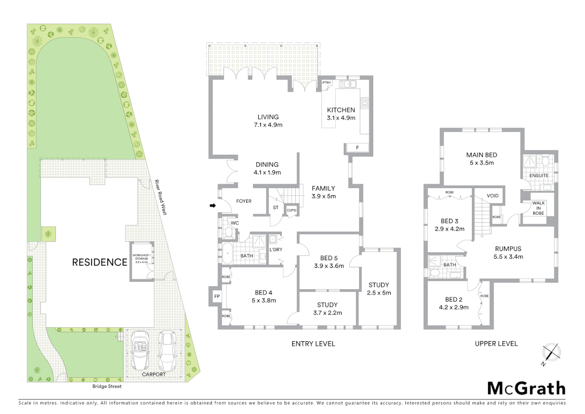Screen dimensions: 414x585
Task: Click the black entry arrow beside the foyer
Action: tap(213, 206)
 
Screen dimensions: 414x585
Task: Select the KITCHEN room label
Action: tap(341, 110)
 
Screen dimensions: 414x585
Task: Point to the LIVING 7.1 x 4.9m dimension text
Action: tap(268, 125)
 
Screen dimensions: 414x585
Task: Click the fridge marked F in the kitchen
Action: tap(357, 148)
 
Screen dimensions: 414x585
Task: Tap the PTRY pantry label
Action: tap(327, 83)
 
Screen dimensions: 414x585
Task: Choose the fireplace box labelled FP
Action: tap(217, 296)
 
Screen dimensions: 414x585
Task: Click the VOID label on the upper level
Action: tap(493, 195)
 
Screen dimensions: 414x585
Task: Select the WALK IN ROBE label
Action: tap(538, 208)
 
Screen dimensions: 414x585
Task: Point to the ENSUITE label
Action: tap(539, 176)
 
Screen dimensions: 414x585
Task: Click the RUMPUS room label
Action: tap(508, 249)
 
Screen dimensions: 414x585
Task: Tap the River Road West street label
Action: tap(161, 197)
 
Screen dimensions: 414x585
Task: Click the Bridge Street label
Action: tap(107, 386)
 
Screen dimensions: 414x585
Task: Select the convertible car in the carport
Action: tap(141, 349)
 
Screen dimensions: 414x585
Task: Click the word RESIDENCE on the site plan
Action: tap(100, 262)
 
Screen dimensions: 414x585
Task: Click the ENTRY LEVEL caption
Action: tap(313, 344)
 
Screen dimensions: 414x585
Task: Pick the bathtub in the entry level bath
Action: tap(228, 253)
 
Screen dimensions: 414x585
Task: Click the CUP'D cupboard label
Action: tap(291, 210)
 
